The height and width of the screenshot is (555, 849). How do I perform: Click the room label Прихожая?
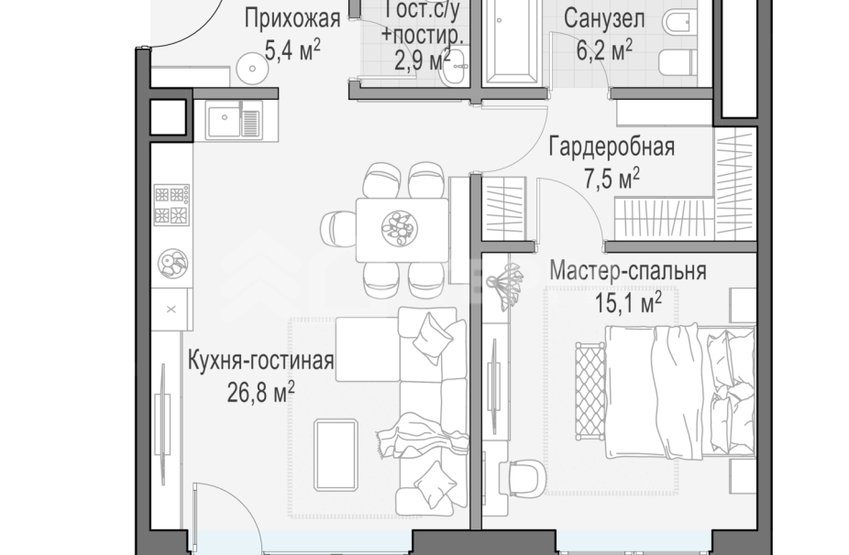(x=292, y=18)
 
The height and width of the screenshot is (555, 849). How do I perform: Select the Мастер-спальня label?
(x=627, y=271)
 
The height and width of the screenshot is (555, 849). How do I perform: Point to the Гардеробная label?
(x=612, y=147)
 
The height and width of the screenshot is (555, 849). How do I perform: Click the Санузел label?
(x=603, y=18)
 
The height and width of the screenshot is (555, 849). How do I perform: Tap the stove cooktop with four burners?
(x=171, y=205)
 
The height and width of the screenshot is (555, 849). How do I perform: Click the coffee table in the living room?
(x=336, y=455)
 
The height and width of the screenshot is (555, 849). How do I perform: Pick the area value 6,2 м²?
(x=603, y=49)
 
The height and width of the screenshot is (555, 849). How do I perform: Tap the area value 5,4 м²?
(x=292, y=49)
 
